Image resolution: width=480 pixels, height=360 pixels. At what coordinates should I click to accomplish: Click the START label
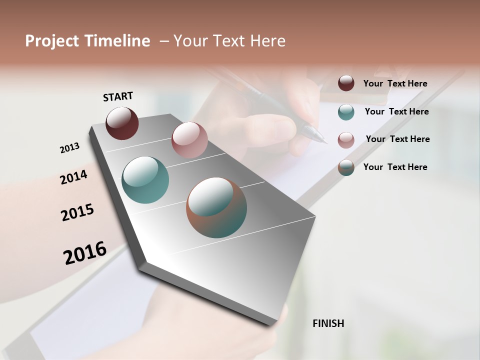[x=118, y=96]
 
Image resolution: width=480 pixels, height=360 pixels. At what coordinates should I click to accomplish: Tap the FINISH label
[x=328, y=323]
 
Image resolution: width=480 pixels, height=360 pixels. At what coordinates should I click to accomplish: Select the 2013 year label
[x=69, y=148]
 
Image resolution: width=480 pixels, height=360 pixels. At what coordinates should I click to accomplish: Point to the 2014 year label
[x=73, y=177]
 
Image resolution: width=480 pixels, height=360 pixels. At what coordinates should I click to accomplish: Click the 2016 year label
[x=85, y=253]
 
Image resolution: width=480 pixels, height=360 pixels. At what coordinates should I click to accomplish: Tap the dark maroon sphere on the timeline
[x=122, y=123]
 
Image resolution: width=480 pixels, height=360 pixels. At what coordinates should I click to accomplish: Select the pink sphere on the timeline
[x=189, y=139]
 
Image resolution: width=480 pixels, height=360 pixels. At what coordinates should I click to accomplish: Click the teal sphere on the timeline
[x=145, y=180]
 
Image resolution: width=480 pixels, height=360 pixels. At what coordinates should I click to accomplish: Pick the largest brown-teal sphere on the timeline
[x=216, y=207]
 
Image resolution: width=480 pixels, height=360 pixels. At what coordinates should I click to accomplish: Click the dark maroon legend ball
[x=346, y=83]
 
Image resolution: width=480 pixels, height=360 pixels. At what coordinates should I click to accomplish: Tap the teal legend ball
[x=346, y=112]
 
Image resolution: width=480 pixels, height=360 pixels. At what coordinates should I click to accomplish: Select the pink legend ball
[x=346, y=140]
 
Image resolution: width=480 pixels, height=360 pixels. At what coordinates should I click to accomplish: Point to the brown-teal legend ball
[x=346, y=167]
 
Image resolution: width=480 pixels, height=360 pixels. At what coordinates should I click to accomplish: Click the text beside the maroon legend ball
[x=395, y=83]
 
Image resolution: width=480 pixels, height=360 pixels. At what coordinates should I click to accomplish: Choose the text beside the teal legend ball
[x=396, y=111]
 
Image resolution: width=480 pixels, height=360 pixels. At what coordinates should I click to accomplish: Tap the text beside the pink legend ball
[x=397, y=139]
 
